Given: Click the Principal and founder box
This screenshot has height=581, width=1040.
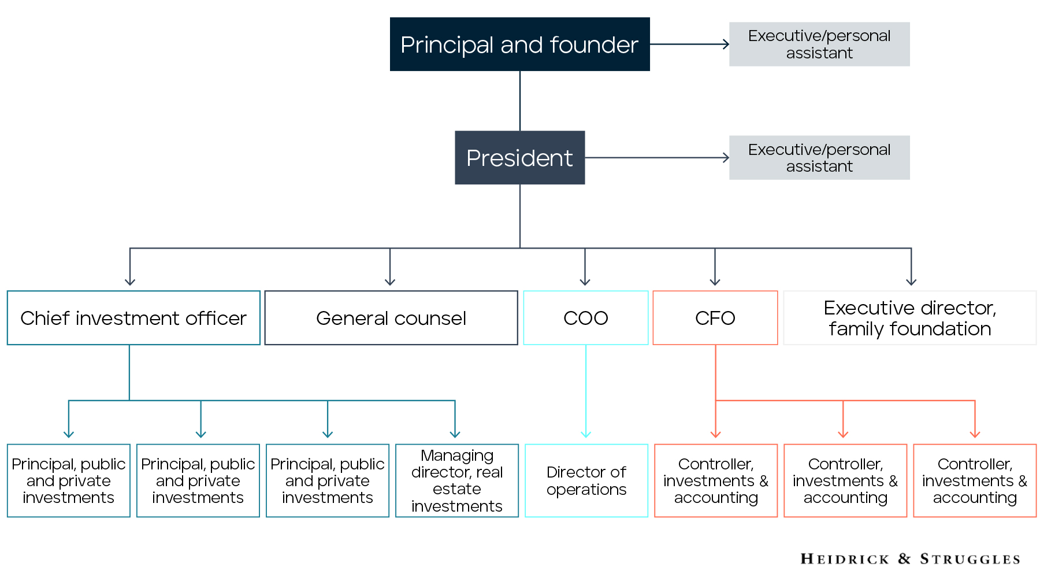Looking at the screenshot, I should pyautogui.click(x=519, y=45).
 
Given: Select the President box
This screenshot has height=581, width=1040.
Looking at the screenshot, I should pyautogui.click(x=519, y=158).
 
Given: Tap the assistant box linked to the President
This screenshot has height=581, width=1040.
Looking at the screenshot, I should pyautogui.click(x=819, y=158).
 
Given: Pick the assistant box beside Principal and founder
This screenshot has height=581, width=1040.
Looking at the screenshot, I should pyautogui.click(x=819, y=45).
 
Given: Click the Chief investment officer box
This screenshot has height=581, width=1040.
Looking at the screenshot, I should pyautogui.click(x=133, y=318).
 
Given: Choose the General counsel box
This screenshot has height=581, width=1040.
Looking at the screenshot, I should pyautogui.click(x=391, y=318).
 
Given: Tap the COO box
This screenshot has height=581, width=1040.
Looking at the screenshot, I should pyautogui.click(x=586, y=318).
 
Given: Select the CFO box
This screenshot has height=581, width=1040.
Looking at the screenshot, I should pyautogui.click(x=715, y=318).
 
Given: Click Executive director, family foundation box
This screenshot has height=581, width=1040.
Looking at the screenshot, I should pyautogui.click(x=910, y=318).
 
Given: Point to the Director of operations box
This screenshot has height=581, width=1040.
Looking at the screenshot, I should pyautogui.click(x=586, y=480).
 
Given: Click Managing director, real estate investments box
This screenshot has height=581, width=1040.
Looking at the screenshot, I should pyautogui.click(x=457, y=480).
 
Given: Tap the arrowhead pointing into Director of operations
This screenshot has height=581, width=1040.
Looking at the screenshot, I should pyautogui.click(x=586, y=434).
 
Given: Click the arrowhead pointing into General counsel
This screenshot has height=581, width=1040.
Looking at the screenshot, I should pyautogui.click(x=390, y=282).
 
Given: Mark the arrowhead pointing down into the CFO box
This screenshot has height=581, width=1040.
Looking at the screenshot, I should pyautogui.click(x=715, y=282).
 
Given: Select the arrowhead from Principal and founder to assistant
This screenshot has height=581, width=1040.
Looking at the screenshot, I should pyautogui.click(x=726, y=44).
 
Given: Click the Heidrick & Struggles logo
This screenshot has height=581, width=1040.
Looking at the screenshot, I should pyautogui.click(x=910, y=558).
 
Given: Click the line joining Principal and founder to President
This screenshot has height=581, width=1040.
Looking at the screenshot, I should pyautogui.click(x=520, y=101).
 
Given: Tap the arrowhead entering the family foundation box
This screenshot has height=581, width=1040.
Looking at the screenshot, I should pyautogui.click(x=911, y=282).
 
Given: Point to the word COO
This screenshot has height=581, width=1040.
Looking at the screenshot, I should pyautogui.click(x=586, y=318).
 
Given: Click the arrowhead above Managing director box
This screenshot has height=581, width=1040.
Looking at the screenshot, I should pyautogui.click(x=455, y=434).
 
